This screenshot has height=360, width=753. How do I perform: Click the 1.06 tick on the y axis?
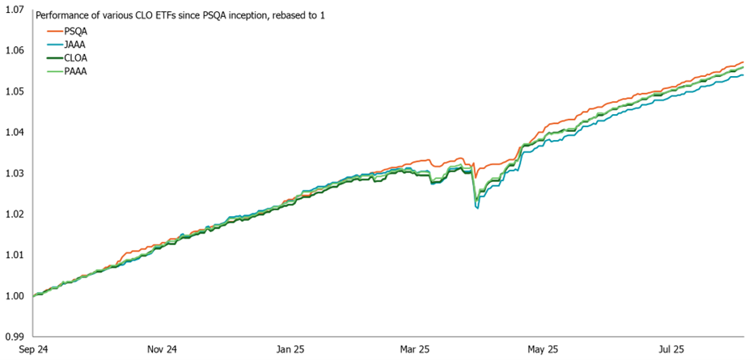(15, 51)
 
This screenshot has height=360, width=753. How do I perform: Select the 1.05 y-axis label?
(15, 91)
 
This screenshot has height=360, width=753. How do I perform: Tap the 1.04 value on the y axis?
(15, 133)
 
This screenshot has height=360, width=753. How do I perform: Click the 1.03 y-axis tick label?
(15, 173)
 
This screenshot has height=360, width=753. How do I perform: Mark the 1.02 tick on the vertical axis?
(15, 214)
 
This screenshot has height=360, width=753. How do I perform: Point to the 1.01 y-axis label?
(15, 255)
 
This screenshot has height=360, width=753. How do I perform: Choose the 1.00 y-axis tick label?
(15, 296)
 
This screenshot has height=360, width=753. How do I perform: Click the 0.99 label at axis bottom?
(15, 337)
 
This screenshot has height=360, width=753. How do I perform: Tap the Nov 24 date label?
(161, 350)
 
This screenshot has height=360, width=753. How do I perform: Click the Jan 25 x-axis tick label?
(290, 350)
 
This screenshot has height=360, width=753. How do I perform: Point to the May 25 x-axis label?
(543, 350)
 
